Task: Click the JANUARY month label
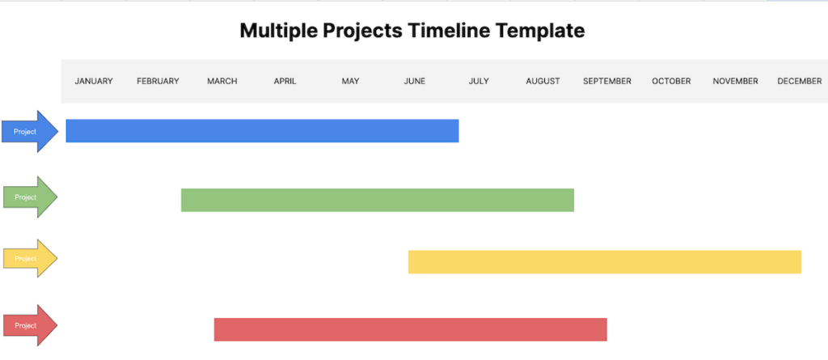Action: pyautogui.click(x=94, y=81)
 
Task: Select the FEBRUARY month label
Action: pyautogui.click(x=158, y=81)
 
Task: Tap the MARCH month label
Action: pyautogui.click(x=222, y=81)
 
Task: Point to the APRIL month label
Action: pyautogui.click(x=285, y=81)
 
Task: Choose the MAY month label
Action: pyautogui.click(x=350, y=81)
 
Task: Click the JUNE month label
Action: pyautogui.click(x=414, y=81)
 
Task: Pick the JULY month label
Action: pyautogui.click(x=479, y=81)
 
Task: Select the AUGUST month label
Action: pyautogui.click(x=543, y=81)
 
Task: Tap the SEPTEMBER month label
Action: pyautogui.click(x=607, y=81)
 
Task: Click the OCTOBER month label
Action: pyautogui.click(x=671, y=81)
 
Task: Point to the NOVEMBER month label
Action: pyautogui.click(x=735, y=81)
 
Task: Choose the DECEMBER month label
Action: pyautogui.click(x=799, y=81)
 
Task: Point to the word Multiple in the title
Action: pyautogui.click(x=277, y=32)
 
